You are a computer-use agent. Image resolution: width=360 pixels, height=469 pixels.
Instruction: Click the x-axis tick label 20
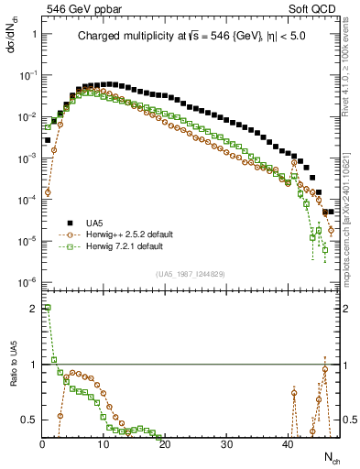point(165,444)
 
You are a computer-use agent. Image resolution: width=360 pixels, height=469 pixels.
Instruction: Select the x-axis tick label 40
point(288,444)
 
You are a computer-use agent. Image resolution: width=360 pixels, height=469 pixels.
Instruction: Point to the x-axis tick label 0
point(42,444)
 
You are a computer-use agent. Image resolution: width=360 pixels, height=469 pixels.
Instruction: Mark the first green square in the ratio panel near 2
point(48,309)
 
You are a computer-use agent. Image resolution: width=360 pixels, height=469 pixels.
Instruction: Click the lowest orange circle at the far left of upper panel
point(48,191)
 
